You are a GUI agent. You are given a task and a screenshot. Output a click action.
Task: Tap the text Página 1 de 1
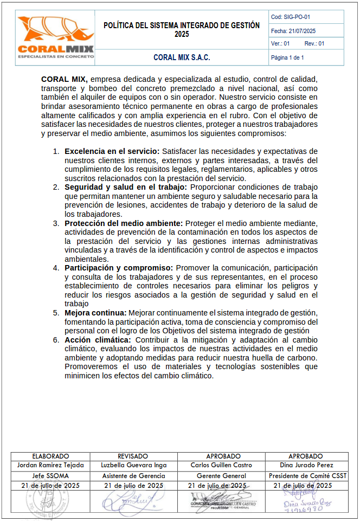tap(287, 57)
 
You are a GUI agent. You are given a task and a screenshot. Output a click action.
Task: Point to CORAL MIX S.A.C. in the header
tap(182, 57)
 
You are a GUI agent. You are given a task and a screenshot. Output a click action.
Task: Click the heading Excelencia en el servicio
tap(112, 151)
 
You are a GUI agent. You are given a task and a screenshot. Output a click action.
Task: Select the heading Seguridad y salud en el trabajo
tap(126, 187)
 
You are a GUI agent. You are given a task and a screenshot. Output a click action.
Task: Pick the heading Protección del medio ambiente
tap(124, 223)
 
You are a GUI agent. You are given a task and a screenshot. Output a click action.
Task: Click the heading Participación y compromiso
tap(119, 268)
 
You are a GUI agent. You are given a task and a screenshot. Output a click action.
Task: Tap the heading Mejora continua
tap(95, 313)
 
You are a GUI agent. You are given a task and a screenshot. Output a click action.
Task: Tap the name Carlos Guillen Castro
tap(220, 465)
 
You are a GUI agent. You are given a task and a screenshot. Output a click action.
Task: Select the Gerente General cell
tap(220, 476)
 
